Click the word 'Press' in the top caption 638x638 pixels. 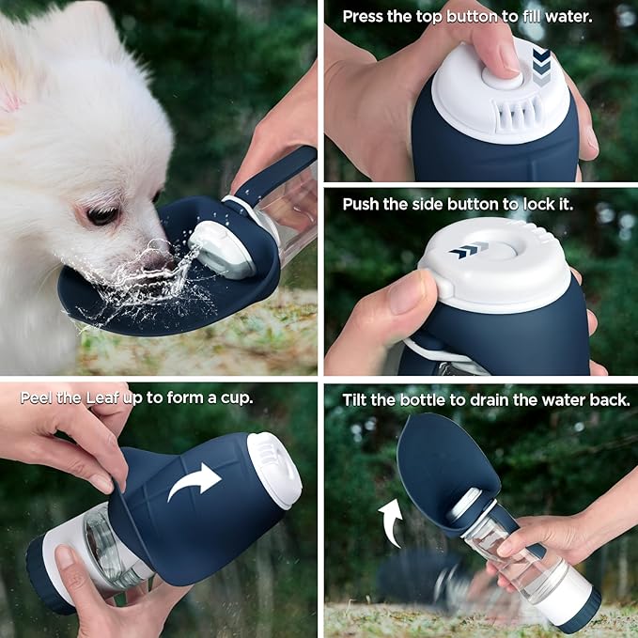pyautogui.click(x=365, y=16)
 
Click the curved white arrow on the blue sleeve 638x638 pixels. pyautogui.click(x=194, y=482)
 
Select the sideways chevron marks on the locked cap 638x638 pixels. pyautogui.click(x=469, y=251)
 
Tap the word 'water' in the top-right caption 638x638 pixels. pyautogui.click(x=589, y=16)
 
